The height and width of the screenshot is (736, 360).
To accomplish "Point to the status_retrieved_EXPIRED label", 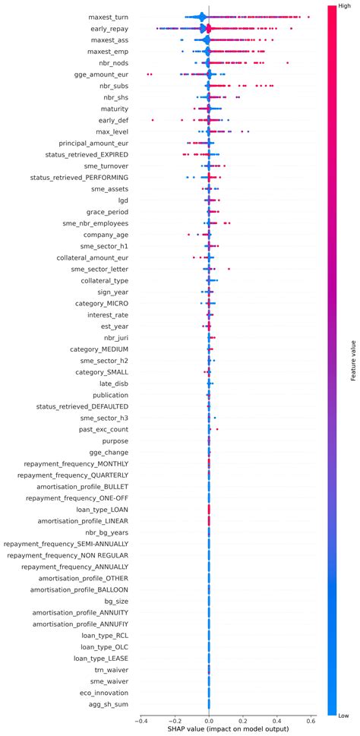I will pos(79,154).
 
